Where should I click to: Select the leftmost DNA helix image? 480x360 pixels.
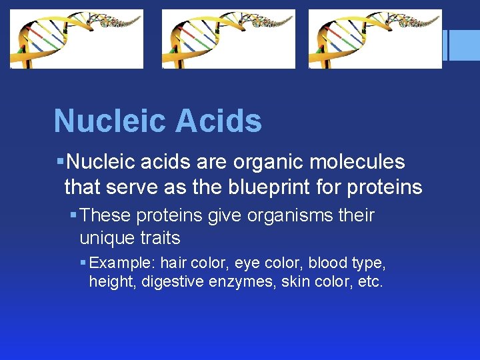77,39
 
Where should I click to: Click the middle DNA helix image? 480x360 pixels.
229,39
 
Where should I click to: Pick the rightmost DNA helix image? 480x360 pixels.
375,39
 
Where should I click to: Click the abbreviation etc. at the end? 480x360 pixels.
370,282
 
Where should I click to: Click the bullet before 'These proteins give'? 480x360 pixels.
73,216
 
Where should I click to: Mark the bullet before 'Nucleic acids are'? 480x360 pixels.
60,162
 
